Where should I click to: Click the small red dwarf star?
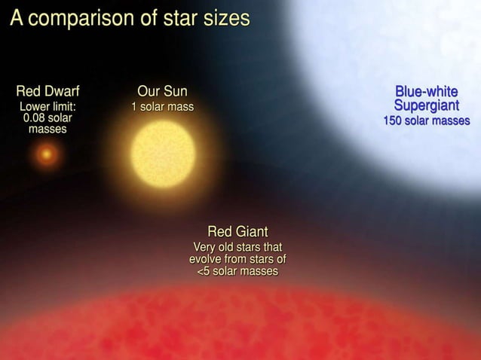tap(47, 155)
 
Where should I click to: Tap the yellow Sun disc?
tap(163, 154)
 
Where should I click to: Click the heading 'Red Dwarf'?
tap(47, 92)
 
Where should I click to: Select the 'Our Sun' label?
tap(162, 92)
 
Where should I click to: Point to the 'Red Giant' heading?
tap(237, 230)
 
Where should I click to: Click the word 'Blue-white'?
tap(426, 92)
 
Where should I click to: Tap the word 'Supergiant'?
tap(426, 106)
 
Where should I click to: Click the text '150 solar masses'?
tap(427, 121)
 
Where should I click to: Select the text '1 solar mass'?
tap(163, 107)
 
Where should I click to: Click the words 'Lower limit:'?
tap(47, 107)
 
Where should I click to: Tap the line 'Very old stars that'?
tap(237, 247)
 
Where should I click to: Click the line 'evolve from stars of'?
tap(237, 259)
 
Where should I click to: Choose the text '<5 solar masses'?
tap(237, 271)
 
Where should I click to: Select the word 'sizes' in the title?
tap(225, 19)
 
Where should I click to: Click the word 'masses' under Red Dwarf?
tap(47, 130)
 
